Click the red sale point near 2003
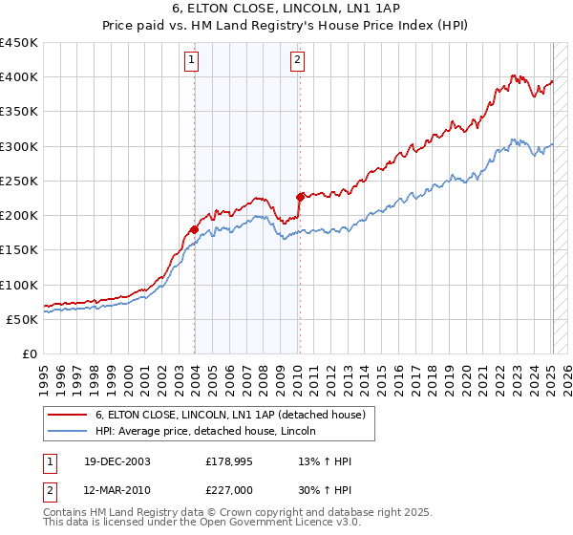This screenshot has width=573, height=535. (194, 229)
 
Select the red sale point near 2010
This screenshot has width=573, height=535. (300, 197)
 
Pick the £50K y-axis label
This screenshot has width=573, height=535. (22, 319)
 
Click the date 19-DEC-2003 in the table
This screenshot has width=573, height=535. (117, 461)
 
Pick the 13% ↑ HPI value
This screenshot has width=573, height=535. (325, 461)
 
